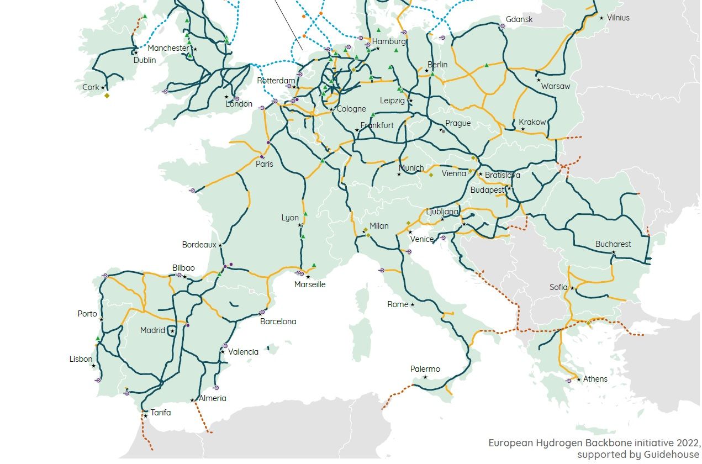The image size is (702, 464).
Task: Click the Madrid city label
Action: click(x=152, y=330)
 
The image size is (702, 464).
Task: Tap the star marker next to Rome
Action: click(x=413, y=304)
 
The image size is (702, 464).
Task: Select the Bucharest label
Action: click(x=613, y=244)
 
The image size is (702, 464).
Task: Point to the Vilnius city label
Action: click(x=618, y=18)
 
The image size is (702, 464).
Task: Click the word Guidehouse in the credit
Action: click(x=671, y=455)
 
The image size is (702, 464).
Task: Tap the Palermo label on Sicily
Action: click(x=425, y=369)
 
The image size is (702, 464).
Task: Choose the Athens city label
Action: click(x=595, y=379)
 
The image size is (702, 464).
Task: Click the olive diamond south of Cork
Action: click(x=107, y=96)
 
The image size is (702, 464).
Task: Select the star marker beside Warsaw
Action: click(x=539, y=80)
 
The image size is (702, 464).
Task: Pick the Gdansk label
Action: click(x=519, y=20)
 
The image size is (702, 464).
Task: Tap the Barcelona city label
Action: click(x=278, y=321)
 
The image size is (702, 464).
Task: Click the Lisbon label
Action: click(x=81, y=359)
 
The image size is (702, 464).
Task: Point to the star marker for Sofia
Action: click(x=572, y=288)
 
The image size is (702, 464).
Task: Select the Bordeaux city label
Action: click(x=199, y=245)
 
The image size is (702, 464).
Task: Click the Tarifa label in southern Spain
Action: click(x=161, y=413)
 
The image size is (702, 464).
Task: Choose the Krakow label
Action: click(x=532, y=122)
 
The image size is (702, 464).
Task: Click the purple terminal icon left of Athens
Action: click(x=568, y=381)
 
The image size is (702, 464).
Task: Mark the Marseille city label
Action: click(x=310, y=284)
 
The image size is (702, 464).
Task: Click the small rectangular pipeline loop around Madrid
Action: click(x=172, y=331)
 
